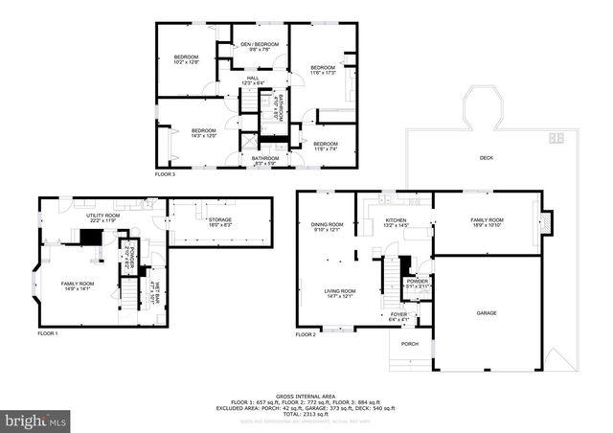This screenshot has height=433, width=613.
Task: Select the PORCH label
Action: pos(410,345)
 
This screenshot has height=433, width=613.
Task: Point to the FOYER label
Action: pos(398,315)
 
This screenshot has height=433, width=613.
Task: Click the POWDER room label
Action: pos(418,283)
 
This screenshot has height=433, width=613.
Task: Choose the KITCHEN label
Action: pos(397,222)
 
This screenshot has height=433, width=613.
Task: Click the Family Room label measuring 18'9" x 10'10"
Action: pos(487,222)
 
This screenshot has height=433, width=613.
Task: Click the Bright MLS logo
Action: pos(36,420)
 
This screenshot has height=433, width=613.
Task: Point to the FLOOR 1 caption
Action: pos(48,333)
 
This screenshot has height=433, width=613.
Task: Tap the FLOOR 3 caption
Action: pos(166,174)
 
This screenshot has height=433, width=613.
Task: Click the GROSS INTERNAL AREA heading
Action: pos(306,395)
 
